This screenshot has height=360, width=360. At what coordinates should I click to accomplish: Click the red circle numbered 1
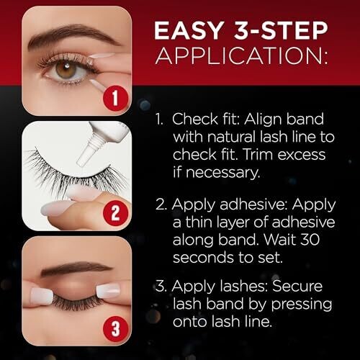pos(115,99)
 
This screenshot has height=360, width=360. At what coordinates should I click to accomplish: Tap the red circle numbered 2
pos(115,213)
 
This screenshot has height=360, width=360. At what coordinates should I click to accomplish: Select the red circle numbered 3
pos(115,328)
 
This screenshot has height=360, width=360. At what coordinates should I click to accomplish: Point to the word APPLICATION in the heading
pos(241,55)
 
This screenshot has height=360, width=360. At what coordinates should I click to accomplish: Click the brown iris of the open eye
pos(66,70)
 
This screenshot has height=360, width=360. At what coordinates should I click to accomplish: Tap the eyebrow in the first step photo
pos(73,36)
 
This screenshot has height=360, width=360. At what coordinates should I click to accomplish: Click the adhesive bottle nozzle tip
pos(82,162)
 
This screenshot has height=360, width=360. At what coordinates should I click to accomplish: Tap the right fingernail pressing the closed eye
pos(108,291)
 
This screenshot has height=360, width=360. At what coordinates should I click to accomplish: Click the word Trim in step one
pos(258,155)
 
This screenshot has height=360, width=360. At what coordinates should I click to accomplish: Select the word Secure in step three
pos(297,286)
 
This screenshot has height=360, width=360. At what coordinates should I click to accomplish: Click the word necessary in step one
pos(222,172)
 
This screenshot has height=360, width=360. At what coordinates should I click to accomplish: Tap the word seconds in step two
pos(203,257)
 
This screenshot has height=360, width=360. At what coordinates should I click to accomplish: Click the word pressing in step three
pos(302,305)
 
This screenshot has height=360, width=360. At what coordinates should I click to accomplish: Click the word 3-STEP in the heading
pos(282,30)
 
